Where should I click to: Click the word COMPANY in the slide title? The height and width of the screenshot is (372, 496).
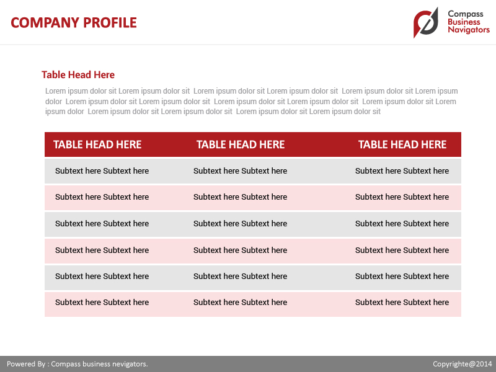pyautogui.click(x=45, y=23)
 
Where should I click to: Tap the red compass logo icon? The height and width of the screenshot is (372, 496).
pyautogui.click(x=426, y=23)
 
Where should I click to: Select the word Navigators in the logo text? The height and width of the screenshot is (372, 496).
pyautogui.click(x=468, y=30)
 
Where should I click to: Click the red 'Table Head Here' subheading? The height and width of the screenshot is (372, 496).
pyautogui.click(x=78, y=75)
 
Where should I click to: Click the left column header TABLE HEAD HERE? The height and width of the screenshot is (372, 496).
pyautogui.click(x=97, y=144)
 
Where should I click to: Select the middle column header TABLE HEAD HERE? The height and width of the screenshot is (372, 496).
pyautogui.click(x=241, y=144)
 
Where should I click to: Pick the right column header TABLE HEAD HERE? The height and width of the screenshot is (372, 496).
pyautogui.click(x=402, y=144)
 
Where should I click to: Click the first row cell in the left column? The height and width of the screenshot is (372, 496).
pyautogui.click(x=102, y=171)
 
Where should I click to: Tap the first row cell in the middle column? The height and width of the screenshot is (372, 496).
pyautogui.click(x=240, y=171)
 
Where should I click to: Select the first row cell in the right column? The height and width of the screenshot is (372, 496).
pyautogui.click(x=402, y=171)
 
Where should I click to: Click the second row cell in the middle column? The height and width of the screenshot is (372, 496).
pyautogui.click(x=240, y=197)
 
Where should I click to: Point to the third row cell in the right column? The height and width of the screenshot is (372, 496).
pyautogui.click(x=402, y=224)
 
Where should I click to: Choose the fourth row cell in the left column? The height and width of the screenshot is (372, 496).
pyautogui.click(x=102, y=250)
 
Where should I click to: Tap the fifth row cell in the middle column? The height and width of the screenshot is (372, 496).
pyautogui.click(x=240, y=277)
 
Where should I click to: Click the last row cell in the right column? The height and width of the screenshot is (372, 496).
pyautogui.click(x=402, y=303)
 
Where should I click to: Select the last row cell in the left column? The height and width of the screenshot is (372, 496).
pyautogui.click(x=102, y=303)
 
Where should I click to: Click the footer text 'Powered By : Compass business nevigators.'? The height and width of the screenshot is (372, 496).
pyautogui.click(x=77, y=364)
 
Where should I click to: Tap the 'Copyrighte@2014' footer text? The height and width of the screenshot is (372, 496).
pyautogui.click(x=462, y=364)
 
